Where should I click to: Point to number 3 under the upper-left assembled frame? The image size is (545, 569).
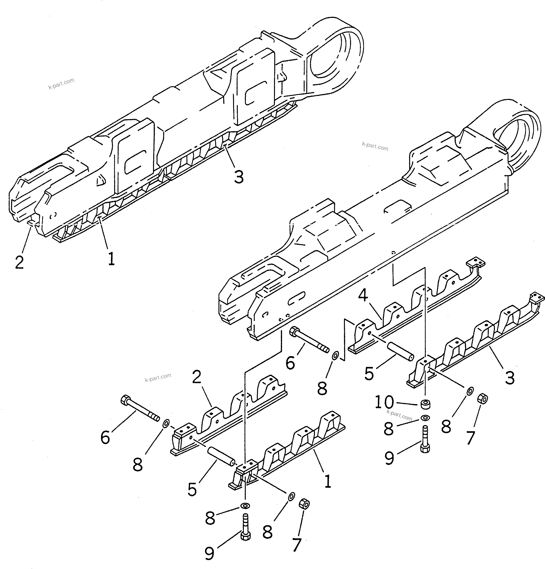coord(238,176)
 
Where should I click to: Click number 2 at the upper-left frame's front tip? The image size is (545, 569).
coord(19,262)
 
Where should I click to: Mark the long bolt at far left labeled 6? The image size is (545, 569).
coord(139,409)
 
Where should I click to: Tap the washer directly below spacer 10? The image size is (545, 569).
coord(425,418)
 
